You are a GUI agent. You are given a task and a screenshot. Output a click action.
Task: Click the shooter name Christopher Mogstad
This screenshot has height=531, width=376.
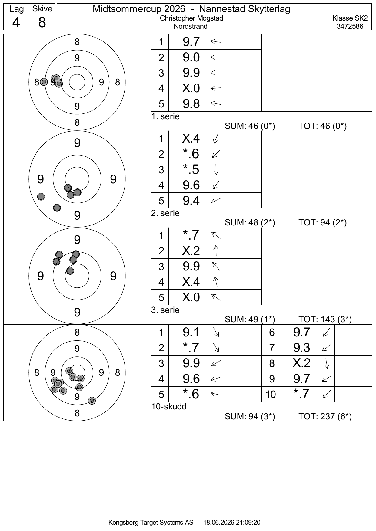click(191, 18)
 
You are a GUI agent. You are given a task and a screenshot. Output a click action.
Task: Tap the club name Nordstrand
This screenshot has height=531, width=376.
click(191, 26)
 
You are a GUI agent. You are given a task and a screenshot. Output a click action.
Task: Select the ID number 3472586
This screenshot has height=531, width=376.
click(350, 26)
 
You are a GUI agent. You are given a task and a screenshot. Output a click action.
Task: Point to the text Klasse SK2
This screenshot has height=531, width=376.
click(350, 18)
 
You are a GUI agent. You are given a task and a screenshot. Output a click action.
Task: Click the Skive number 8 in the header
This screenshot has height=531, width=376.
click(42, 22)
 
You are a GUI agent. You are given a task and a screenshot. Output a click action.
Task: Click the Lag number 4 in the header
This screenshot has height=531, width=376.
click(16, 22)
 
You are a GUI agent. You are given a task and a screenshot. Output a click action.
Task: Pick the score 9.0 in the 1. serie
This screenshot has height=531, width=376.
click(191, 57)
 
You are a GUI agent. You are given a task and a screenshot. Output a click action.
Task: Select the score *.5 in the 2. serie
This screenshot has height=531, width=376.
click(191, 169)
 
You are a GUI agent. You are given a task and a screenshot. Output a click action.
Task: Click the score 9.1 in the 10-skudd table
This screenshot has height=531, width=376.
click(191, 332)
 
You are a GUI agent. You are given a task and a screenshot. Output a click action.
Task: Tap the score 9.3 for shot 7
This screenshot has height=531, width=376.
click(301, 348)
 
